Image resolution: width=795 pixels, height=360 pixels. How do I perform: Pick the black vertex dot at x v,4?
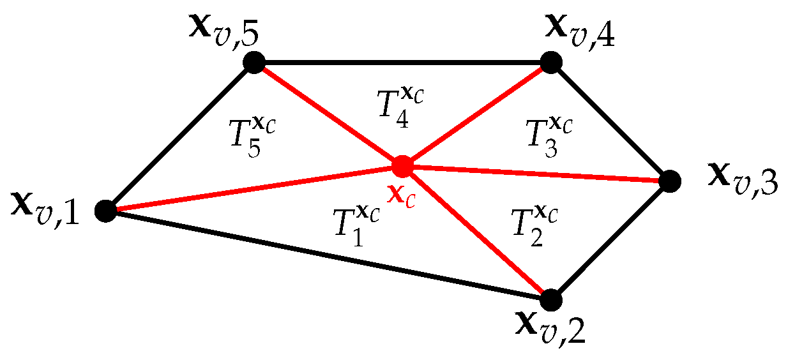[x=551, y=62]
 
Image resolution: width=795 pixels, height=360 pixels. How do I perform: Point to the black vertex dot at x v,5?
[x=254, y=62]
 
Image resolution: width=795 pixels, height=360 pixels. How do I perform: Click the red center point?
[x=402, y=166]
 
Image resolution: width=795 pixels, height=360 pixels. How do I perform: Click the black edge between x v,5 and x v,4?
[x=402, y=62]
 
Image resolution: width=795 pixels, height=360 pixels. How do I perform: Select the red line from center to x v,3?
[x=536, y=174]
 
